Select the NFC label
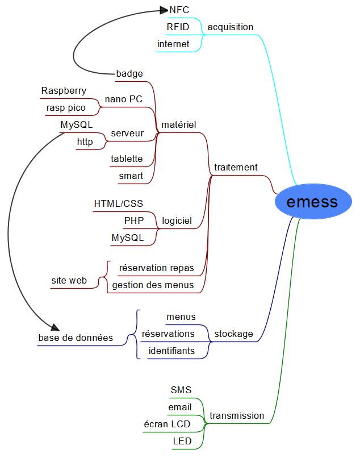pyautogui.click(x=179, y=10)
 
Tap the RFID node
pyautogui.click(x=178, y=27)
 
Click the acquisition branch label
pyautogui.click(x=230, y=27)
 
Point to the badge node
pyautogui.click(x=129, y=73)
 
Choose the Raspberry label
pyautogui.click(x=64, y=90)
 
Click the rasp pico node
pyautogui.click(x=66, y=107)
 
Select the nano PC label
pyautogui.click(x=123, y=99)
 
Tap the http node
pyautogui.click(x=85, y=141)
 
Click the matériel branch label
pyautogui.click(x=179, y=124)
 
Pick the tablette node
pyautogui.click(x=127, y=159)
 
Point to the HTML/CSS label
pyautogui.click(x=118, y=203)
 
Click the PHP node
pyautogui.click(x=134, y=220)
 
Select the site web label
pyautogui.click(x=69, y=280)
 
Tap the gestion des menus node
pyautogui.click(x=153, y=285)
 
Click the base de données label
pyautogui.click(x=76, y=338)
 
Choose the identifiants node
pyautogui.click(x=171, y=351)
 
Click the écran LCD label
pyautogui.click(x=167, y=424)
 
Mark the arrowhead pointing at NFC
pyautogui.click(x=165, y=10)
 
